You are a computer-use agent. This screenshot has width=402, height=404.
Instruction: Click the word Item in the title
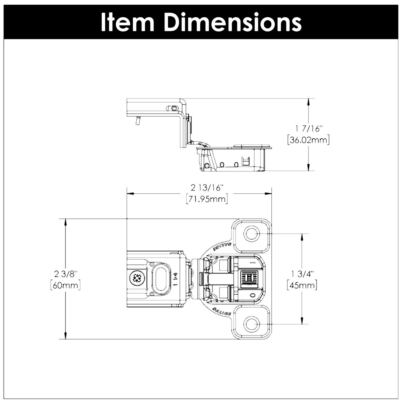(x=127, y=22)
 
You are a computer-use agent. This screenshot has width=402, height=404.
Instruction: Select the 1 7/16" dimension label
(x=308, y=128)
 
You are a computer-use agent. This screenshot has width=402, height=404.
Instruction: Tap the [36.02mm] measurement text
(x=308, y=140)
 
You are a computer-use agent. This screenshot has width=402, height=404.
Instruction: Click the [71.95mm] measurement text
(x=207, y=199)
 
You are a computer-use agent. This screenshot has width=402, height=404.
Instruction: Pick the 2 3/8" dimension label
(x=66, y=273)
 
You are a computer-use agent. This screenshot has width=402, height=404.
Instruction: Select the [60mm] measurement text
(x=65, y=285)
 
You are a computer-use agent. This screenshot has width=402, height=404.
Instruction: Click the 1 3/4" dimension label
(x=302, y=273)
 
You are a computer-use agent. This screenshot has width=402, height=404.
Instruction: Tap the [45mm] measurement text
(x=302, y=285)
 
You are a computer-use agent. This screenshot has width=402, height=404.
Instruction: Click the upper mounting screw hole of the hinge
(x=251, y=233)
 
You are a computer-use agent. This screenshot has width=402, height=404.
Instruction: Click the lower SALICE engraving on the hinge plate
(x=222, y=312)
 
